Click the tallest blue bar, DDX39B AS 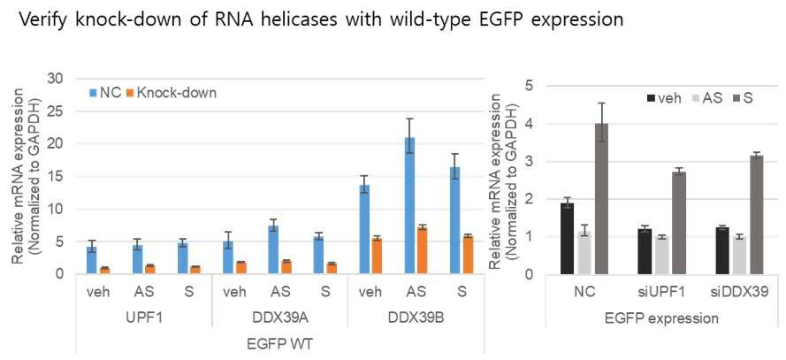pos(409,205)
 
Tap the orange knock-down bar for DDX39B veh pos(376,257)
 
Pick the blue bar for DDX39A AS pos(273,249)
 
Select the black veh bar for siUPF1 pos(645,252)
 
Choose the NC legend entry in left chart pos(105,93)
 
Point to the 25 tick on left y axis pos(58,111)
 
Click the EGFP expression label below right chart pos(665,318)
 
